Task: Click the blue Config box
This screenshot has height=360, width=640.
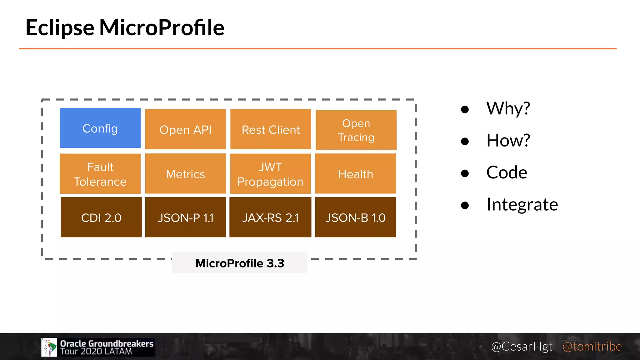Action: (x=100, y=128)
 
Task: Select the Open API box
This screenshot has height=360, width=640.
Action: (x=185, y=129)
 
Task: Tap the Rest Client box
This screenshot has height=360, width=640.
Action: (x=271, y=129)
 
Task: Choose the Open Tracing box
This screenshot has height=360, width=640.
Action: (x=356, y=130)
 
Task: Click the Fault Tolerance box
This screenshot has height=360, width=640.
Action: (x=100, y=174)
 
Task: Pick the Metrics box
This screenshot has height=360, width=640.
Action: (x=185, y=174)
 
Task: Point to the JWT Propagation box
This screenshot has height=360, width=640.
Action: (x=270, y=174)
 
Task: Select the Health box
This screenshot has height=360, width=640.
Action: (x=355, y=174)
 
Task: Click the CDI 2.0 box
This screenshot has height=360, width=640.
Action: (x=101, y=217)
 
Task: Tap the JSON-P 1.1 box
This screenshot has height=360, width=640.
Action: (x=185, y=217)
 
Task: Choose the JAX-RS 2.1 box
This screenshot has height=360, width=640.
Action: (x=270, y=217)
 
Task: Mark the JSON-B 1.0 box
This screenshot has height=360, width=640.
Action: (x=355, y=217)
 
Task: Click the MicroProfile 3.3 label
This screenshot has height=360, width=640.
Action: (x=240, y=263)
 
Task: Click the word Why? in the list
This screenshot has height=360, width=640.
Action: (x=508, y=108)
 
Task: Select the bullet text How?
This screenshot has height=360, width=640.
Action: (x=508, y=140)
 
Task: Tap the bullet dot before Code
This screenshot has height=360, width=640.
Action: (x=465, y=173)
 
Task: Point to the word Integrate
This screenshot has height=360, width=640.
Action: (x=522, y=205)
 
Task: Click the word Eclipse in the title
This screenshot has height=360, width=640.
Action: (x=60, y=28)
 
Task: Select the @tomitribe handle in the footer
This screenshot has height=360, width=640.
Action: (x=592, y=346)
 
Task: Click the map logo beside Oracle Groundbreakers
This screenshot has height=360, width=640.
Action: (x=49, y=347)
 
